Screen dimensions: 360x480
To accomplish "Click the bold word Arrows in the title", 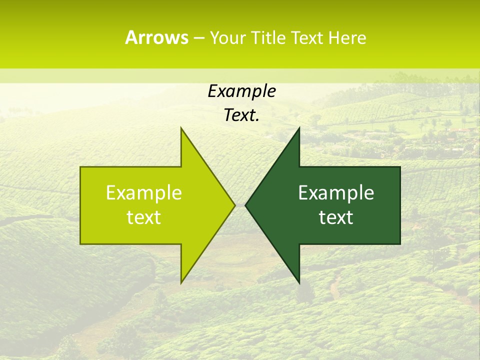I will [156, 37].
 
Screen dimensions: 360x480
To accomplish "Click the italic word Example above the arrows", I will [241, 91].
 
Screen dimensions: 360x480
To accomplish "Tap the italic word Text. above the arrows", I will [241, 115].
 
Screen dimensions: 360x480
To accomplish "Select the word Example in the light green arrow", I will [144, 192].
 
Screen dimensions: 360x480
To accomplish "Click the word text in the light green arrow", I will [144, 217].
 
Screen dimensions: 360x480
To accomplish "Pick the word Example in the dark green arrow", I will [336, 192].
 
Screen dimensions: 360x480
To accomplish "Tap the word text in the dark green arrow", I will [336, 217].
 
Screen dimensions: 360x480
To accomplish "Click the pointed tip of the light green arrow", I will [234, 205].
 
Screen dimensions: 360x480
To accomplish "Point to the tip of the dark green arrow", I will [245, 205].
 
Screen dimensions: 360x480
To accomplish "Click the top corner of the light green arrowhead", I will [181, 128].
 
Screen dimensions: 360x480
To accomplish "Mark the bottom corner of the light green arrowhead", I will [181, 283].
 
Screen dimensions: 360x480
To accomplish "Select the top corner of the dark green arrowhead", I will [299, 128].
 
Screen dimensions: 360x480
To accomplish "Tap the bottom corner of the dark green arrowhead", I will [299, 283].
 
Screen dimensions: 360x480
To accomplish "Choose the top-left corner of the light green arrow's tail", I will [81, 167].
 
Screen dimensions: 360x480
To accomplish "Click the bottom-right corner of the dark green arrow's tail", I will [400, 243].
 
